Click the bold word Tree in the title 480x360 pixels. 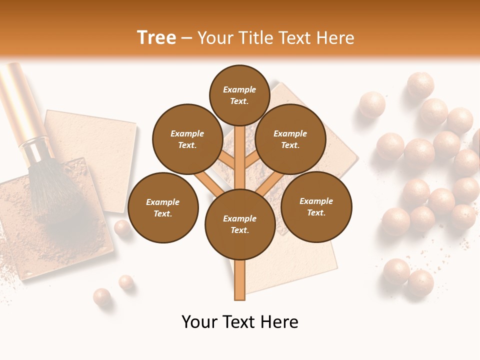tap(156, 38)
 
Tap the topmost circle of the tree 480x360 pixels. tap(239, 95)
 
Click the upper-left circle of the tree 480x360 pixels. tap(187, 139)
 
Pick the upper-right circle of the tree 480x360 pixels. tap(290, 139)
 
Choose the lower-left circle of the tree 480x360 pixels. tap(162, 207)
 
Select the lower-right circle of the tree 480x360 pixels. tap(316, 206)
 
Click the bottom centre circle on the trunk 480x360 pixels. tap(239, 224)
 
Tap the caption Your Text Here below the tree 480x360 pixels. tap(240, 322)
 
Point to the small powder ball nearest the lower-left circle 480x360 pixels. tap(121, 228)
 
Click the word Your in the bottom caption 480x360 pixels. tap(199, 322)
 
